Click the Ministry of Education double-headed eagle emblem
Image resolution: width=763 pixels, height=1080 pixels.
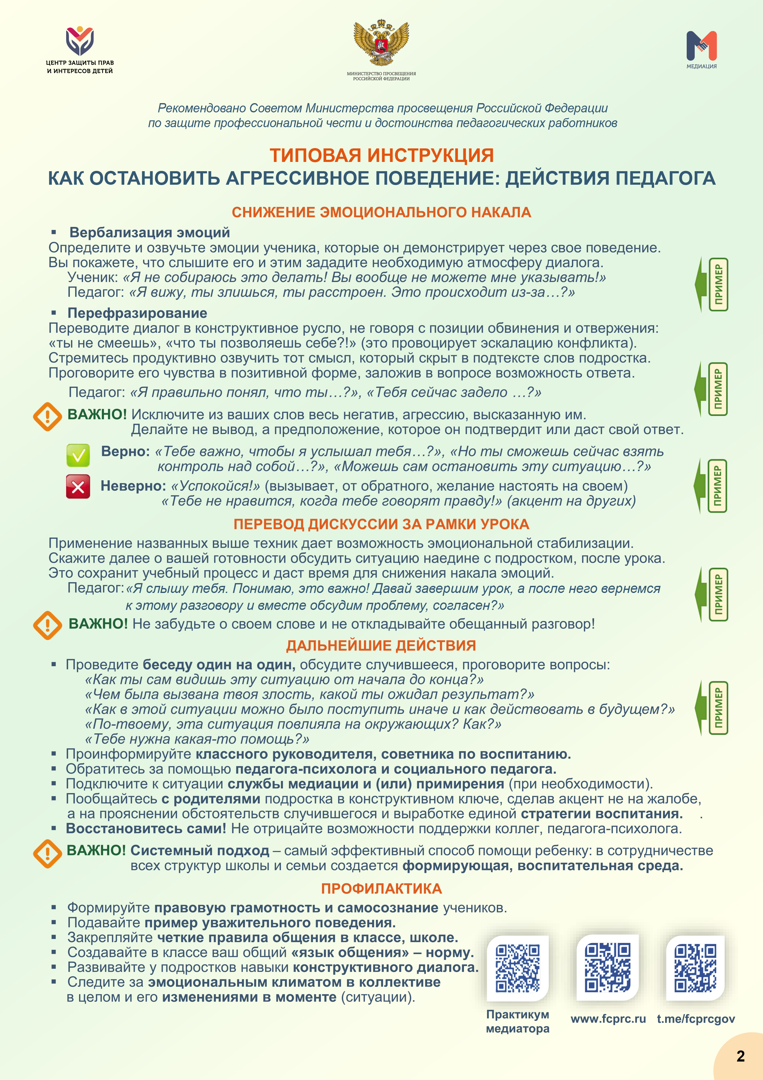[381, 43]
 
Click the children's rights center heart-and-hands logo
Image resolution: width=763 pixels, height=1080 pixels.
[80, 41]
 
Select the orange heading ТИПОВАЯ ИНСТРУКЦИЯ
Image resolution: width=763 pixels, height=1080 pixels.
[381, 155]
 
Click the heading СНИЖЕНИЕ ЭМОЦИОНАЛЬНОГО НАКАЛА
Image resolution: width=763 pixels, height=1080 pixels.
[381, 212]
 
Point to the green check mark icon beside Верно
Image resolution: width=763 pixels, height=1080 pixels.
[78, 455]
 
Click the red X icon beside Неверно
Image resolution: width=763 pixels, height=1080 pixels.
[78, 486]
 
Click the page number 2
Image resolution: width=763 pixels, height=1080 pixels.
[741, 1056]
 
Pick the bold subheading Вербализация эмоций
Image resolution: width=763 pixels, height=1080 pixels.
[150, 232]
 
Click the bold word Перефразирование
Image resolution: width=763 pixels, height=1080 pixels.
[137, 313]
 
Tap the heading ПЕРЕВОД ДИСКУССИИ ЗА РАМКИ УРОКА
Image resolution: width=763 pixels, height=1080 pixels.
[381, 524]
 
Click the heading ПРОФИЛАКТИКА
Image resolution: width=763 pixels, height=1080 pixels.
[381, 889]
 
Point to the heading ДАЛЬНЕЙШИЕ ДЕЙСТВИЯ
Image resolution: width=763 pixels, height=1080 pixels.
[381, 645]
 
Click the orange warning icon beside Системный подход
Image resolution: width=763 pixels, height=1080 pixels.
[47, 853]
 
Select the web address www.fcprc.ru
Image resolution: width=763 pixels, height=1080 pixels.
[608, 1019]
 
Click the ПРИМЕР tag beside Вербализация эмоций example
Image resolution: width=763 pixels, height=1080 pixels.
[718, 284]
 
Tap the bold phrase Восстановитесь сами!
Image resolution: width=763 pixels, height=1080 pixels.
[146, 828]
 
